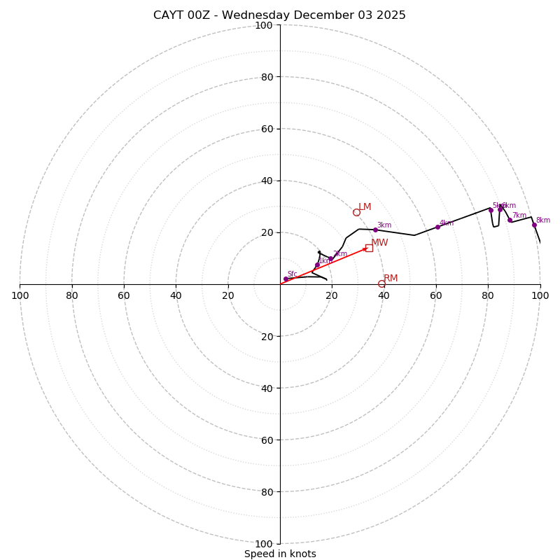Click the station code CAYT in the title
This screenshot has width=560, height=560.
[169, 15]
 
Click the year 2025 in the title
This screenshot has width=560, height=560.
[391, 15]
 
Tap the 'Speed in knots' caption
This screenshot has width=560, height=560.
[280, 554]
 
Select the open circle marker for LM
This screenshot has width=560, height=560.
[356, 212]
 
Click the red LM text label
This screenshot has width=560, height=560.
[365, 207]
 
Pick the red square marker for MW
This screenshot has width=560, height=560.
[369, 248]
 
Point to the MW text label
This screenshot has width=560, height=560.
[379, 243]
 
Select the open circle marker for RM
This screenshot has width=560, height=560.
[381, 283]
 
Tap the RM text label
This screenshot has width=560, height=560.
[391, 279]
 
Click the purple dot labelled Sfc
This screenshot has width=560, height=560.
[286, 279]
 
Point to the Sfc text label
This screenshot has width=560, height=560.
[292, 274]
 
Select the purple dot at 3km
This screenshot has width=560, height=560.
[375, 230]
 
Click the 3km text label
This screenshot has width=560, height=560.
[384, 225]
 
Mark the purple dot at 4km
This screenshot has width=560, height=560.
[437, 227]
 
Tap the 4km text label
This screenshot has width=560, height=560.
[447, 223]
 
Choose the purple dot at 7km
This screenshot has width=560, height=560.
[510, 220]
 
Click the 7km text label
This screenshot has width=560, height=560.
[519, 216]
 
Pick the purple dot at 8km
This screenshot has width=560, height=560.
[534, 225]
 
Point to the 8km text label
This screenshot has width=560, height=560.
[542, 220]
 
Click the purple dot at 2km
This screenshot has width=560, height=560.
[330, 258]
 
